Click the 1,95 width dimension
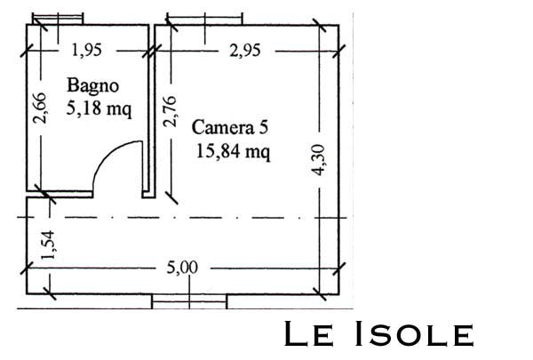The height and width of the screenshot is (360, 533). pos(87,51)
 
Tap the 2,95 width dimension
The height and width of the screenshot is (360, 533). pos(245,51)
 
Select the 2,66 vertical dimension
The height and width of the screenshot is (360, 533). pos(39,108)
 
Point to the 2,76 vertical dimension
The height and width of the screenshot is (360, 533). pos(170,111)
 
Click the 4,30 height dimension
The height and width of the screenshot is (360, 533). pos(319,160)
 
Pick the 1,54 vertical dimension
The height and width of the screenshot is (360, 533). pos(48,245)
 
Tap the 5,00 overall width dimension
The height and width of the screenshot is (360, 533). pos(182,268)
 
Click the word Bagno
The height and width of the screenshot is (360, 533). pos(92,86)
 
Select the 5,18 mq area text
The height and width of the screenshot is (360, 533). pos(99,108)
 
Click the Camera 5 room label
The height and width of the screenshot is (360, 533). pos(230,128)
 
